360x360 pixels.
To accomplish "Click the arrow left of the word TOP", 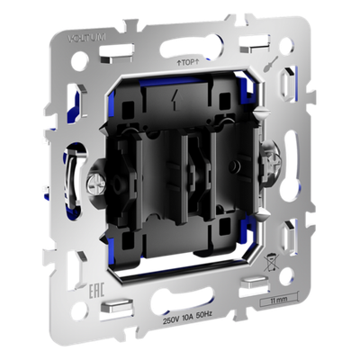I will click(x=178, y=63).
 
